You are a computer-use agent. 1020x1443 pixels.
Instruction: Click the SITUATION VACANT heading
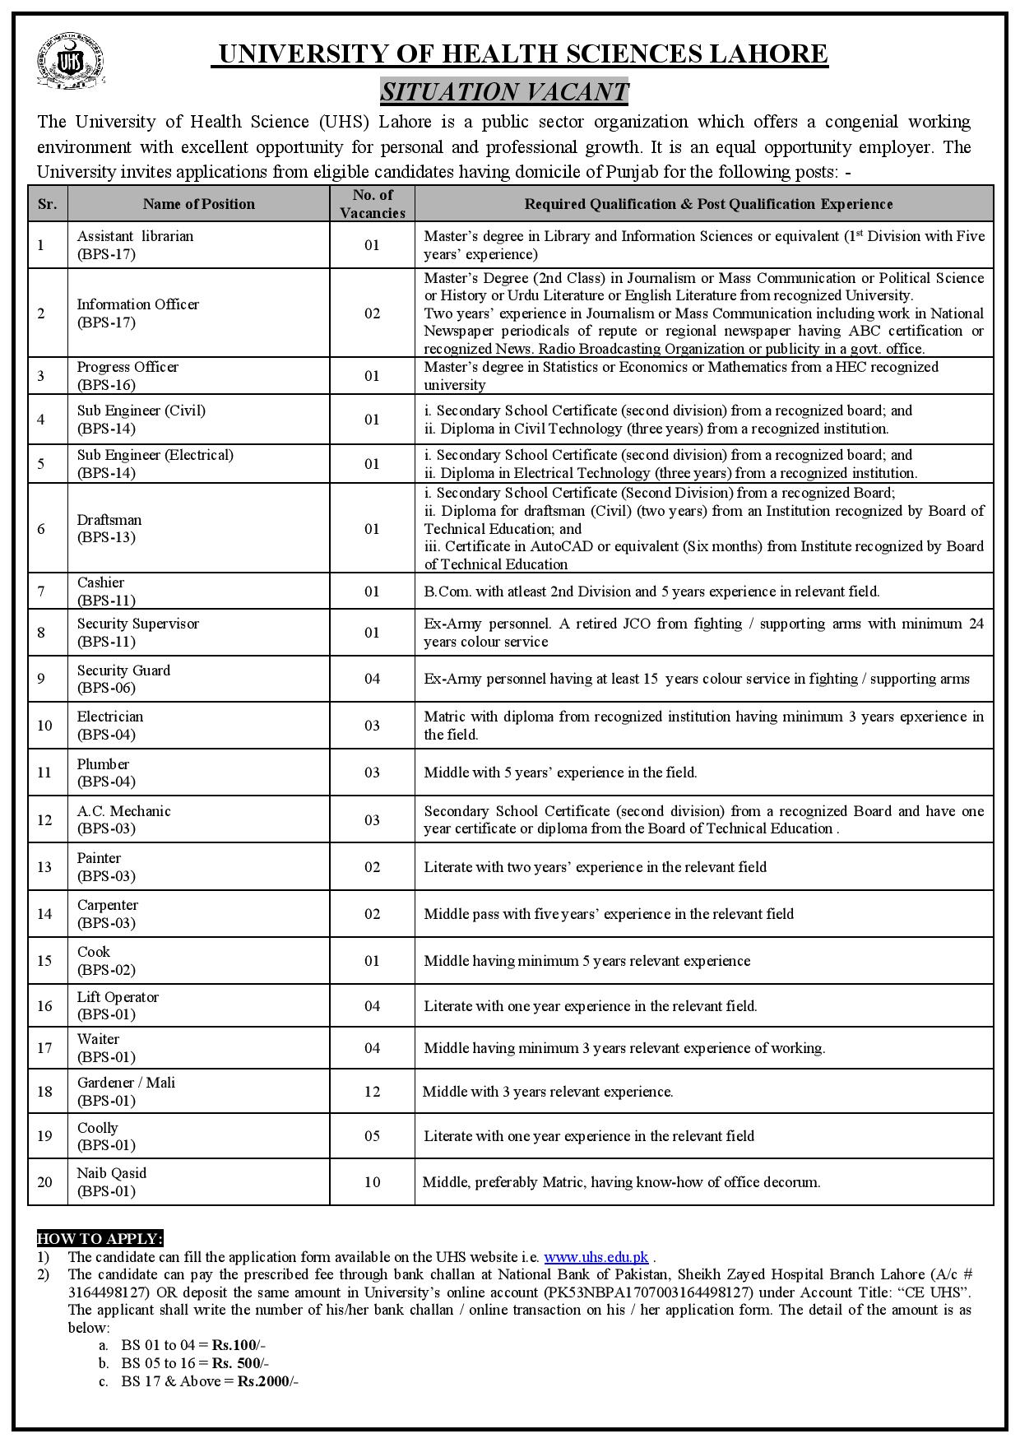tap(504, 91)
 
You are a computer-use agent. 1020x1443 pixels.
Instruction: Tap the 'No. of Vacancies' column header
tap(372, 204)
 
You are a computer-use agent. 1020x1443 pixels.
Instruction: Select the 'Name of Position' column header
tap(198, 204)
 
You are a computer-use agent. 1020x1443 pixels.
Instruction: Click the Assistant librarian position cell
tap(136, 244)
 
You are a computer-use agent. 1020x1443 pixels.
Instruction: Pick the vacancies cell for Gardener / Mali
tap(372, 1092)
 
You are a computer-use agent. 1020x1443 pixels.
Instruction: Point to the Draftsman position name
tap(109, 520)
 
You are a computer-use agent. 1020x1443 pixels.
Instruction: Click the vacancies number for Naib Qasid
tap(372, 1182)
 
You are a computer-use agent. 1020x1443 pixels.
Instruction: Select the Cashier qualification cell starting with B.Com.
tap(651, 592)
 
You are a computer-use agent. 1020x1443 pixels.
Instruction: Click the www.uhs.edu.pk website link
tap(596, 1257)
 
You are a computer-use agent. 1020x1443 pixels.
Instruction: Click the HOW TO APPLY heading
tap(100, 1238)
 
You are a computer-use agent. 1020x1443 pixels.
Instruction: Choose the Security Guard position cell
tap(123, 679)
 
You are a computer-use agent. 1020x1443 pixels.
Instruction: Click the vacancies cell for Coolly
tap(372, 1136)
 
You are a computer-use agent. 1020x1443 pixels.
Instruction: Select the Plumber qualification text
tap(560, 773)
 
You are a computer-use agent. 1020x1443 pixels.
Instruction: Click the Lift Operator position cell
tap(118, 1005)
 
